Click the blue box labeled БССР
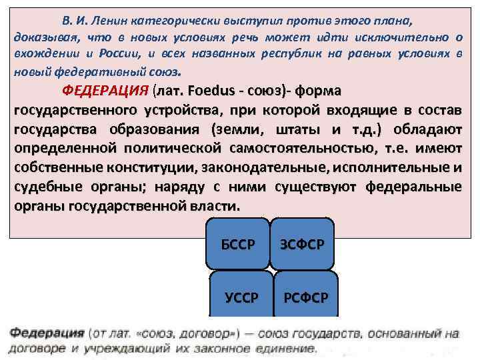coord(237,244)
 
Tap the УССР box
coord(241,297)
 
